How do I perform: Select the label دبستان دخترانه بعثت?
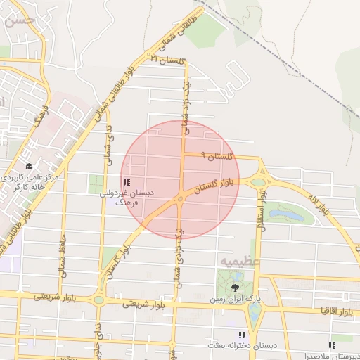[x=241, y=346]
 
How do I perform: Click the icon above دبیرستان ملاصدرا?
[x=332, y=345]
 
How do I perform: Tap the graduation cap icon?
[x=29, y=166]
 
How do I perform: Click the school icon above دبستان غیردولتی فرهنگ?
[x=125, y=182]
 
